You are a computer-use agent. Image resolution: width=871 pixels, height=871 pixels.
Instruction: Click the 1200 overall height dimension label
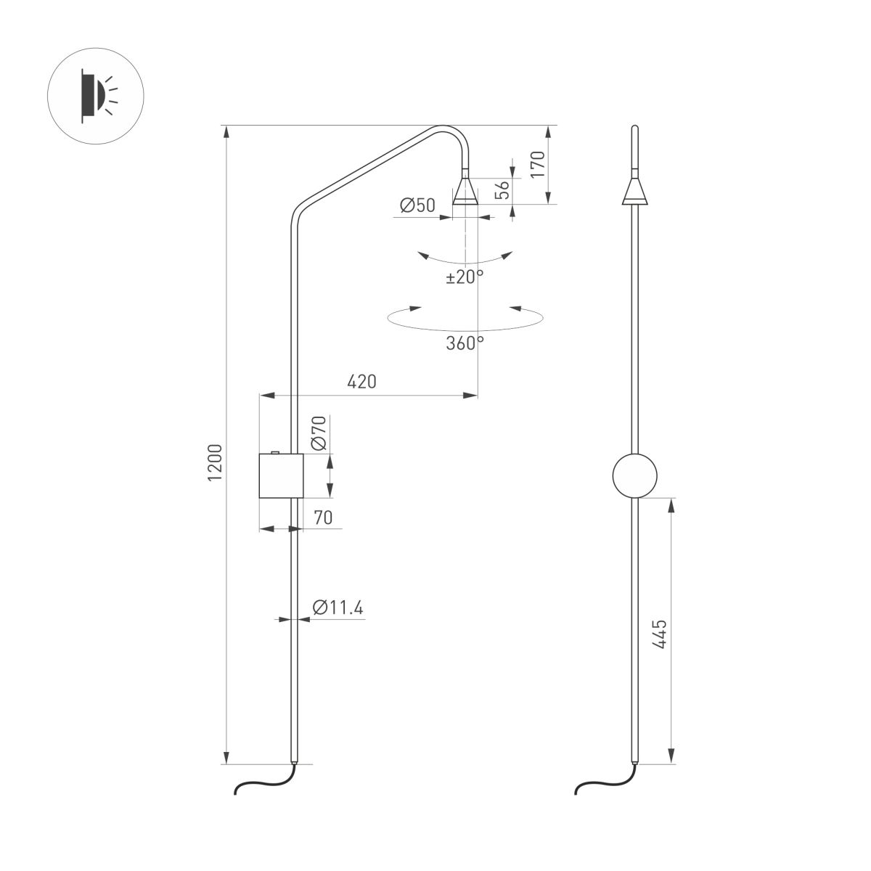pyautogui.click(x=216, y=462)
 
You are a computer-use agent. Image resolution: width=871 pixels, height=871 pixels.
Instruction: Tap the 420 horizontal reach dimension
pyautogui.click(x=362, y=382)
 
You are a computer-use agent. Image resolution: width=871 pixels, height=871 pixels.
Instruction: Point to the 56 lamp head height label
pyautogui.click(x=502, y=190)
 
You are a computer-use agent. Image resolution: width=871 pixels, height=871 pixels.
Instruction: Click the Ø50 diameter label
pyautogui.click(x=417, y=206)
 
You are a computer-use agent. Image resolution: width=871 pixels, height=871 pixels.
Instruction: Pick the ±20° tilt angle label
pyautogui.click(x=465, y=277)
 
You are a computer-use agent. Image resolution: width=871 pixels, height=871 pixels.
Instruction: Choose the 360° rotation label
pyautogui.click(x=465, y=343)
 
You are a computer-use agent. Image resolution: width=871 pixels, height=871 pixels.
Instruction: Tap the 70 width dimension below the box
pyautogui.click(x=323, y=518)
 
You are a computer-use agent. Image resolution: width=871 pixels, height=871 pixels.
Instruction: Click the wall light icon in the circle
pyautogui.click(x=96, y=96)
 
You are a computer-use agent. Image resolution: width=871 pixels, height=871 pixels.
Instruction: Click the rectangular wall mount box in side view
pyautogui.click(x=279, y=477)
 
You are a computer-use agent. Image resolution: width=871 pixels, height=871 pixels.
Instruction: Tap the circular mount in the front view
pyautogui.click(x=634, y=475)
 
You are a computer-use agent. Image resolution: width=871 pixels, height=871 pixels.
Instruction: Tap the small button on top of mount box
pyautogui.click(x=274, y=452)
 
